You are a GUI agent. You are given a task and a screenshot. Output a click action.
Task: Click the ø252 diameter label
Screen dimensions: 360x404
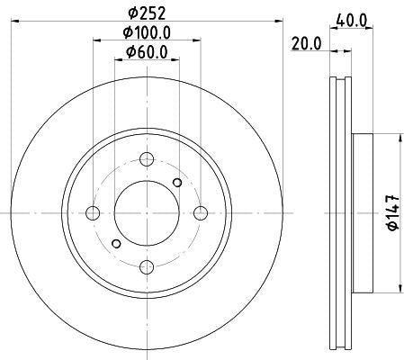pyautogui.click(x=147, y=13)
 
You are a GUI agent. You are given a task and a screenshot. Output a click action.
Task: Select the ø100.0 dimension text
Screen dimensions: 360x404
pyautogui.click(x=147, y=34)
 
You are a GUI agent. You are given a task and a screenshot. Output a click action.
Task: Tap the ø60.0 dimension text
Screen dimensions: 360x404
pyautogui.click(x=147, y=52)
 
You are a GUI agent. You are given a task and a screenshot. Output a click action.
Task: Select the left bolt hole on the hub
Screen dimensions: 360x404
pyautogui.click(x=92, y=212)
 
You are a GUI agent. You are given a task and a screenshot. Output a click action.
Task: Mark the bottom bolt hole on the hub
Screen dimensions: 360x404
pyautogui.click(x=145, y=265)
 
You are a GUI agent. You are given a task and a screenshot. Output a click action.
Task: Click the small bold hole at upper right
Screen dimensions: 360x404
pyautogui.click(x=177, y=184)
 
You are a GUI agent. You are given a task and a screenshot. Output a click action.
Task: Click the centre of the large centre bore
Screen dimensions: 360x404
pyautogui.click(x=145, y=212)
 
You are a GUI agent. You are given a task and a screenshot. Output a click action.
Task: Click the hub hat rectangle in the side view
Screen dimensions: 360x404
pyautogui.click(x=363, y=212)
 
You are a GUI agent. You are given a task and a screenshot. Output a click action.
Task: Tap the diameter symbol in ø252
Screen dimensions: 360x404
pyautogui.click(x=131, y=13)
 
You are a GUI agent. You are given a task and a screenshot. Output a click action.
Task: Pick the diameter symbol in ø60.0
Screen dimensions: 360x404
pyautogui.click(x=126, y=52)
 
